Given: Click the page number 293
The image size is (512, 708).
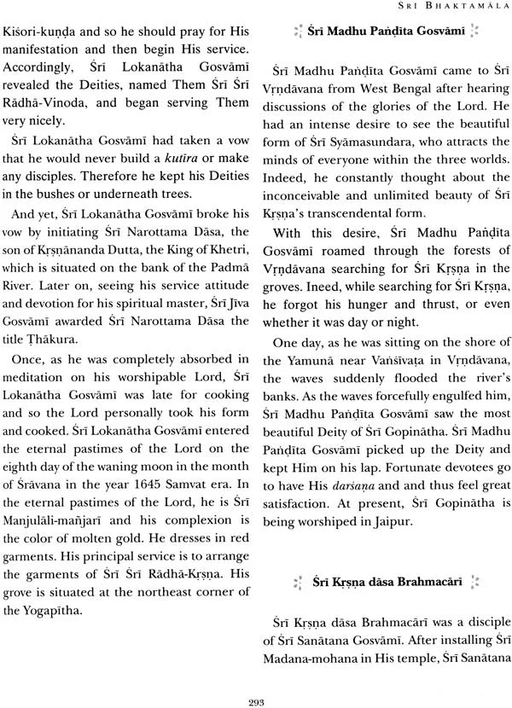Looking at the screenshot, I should (x=255, y=692).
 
